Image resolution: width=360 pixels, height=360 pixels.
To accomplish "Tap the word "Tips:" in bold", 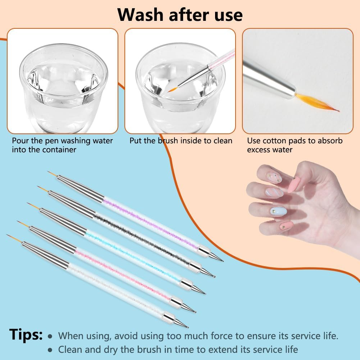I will (x=26, y=334).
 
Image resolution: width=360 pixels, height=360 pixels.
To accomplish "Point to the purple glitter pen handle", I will (x=151, y=223).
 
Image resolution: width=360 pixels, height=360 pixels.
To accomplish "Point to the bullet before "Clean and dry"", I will (x=50, y=350).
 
